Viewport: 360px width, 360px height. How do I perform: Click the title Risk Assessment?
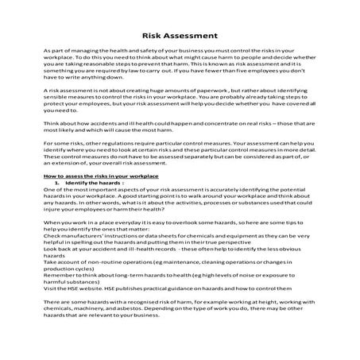coord(180,35)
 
